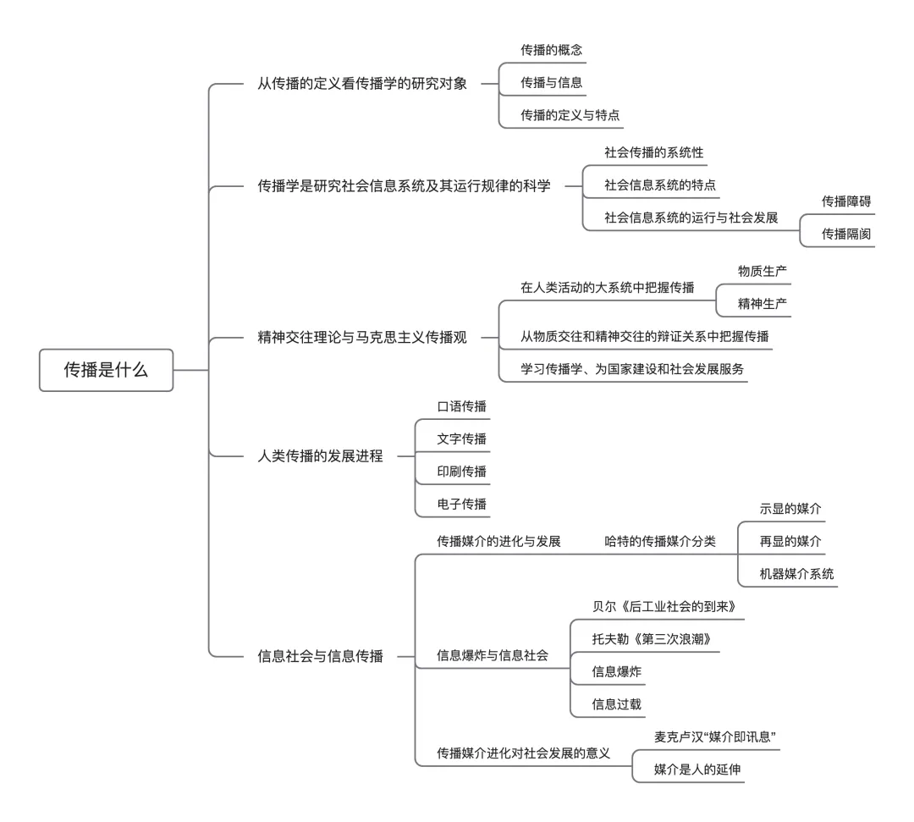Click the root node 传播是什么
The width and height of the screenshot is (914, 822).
click(106, 370)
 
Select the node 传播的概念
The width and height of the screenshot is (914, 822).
click(551, 51)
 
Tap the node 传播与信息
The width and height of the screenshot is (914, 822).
click(551, 82)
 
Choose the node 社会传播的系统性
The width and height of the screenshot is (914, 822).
click(653, 152)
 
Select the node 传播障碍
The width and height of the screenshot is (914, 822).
click(846, 201)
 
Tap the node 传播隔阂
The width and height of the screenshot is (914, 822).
click(846, 234)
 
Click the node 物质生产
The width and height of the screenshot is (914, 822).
click(763, 271)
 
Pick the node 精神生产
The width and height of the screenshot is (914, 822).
click(763, 303)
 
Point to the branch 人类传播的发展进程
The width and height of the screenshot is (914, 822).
click(320, 456)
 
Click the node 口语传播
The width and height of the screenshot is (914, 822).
click(461, 406)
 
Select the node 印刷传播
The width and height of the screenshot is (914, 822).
click(461, 471)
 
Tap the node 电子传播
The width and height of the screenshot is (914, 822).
click(461, 504)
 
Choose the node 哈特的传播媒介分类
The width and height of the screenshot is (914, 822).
click(660, 541)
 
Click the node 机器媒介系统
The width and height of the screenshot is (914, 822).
click(785, 573)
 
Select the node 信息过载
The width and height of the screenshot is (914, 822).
click(617, 703)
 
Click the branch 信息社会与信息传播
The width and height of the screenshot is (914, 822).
click(320, 655)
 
